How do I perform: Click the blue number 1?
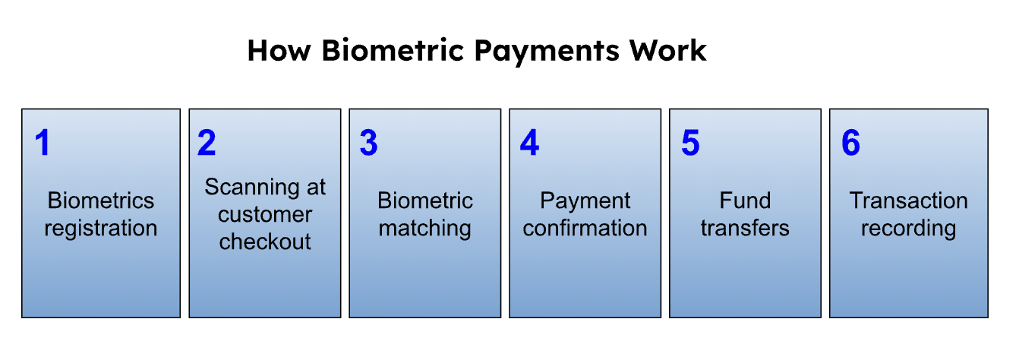tap(43, 143)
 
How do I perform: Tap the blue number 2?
tap(207, 143)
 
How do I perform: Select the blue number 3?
tap(368, 143)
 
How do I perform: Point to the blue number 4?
tap(529, 143)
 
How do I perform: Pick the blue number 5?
tap(690, 143)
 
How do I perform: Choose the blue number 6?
tap(850, 143)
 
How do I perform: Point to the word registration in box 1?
tap(101, 228)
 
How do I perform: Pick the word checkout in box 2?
tap(265, 242)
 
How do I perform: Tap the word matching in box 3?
tap(424, 228)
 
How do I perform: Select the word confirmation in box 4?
tap(585, 228)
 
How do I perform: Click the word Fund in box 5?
tap(745, 201)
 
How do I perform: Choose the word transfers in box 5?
tap(745, 228)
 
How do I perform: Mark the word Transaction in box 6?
tap(908, 201)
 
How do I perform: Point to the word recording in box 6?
tap(908, 228)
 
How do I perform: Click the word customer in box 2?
tap(265, 215)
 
